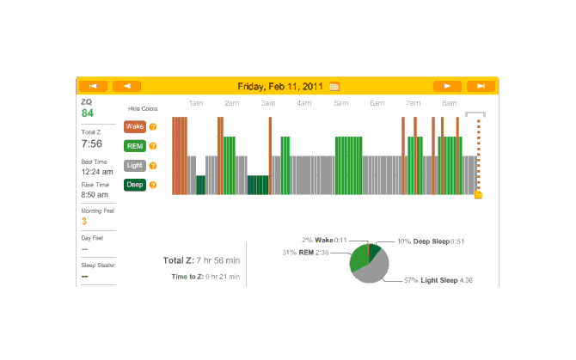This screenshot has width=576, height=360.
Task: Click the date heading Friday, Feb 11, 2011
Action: click(280, 86)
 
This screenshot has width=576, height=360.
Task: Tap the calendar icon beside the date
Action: click(334, 86)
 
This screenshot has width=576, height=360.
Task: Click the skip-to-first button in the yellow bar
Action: click(93, 86)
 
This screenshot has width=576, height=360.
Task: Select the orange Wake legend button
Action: click(135, 126)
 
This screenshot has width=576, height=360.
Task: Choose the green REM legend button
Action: click(135, 146)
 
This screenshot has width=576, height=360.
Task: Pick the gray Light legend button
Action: click(135, 166)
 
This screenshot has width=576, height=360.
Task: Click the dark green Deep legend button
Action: click(135, 185)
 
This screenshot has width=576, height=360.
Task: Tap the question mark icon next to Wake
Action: click(153, 127)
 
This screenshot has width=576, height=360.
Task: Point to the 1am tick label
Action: click(196, 103)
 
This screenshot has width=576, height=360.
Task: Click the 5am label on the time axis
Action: click(341, 103)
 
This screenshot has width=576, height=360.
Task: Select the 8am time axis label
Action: click(450, 103)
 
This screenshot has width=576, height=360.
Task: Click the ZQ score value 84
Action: click(88, 113)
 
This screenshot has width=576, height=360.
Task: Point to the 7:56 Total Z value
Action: click(92, 144)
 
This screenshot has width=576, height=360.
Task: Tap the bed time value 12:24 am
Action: click(95, 171)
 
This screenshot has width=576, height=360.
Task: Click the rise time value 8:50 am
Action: click(95, 194)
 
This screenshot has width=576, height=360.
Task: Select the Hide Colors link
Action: click(143, 109)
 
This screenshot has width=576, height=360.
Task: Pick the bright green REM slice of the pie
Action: click(358, 257)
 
